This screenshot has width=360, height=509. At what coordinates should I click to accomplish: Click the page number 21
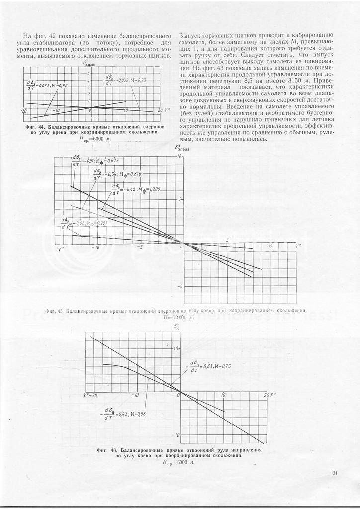[x=335, y=473]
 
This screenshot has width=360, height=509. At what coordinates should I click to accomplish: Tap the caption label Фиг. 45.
[x=54, y=311]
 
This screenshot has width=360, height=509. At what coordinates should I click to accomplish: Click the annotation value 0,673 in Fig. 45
[x=113, y=160]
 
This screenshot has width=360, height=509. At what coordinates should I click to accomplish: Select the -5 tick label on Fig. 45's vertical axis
[x=180, y=287]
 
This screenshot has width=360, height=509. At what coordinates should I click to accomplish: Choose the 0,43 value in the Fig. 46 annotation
[x=128, y=413]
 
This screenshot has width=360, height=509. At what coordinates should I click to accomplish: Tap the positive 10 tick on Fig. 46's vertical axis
[x=176, y=349]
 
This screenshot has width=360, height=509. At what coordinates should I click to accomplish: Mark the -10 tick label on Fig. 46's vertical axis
[x=176, y=435]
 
